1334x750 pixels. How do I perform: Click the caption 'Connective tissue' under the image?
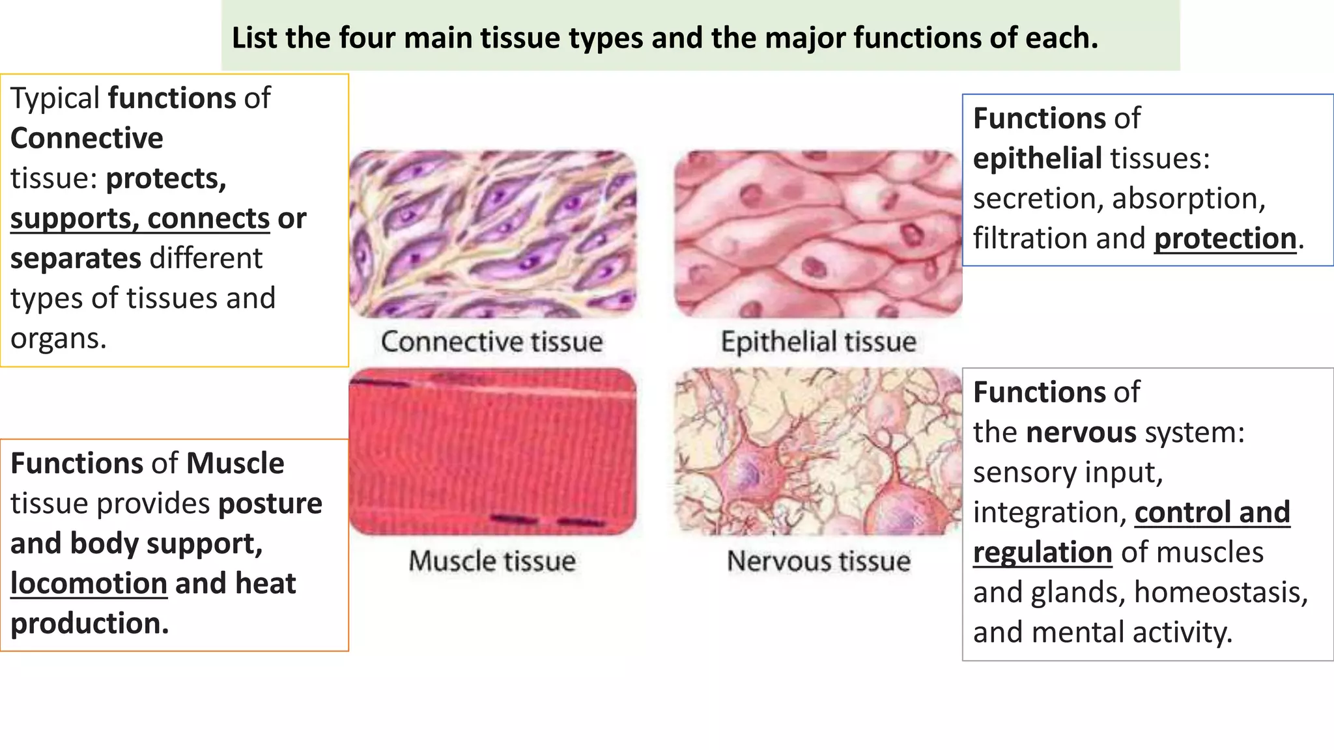pyautogui.click(x=492, y=342)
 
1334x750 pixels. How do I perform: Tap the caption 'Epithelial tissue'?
pyautogui.click(x=818, y=342)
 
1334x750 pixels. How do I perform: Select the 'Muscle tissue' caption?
pyautogui.click(x=492, y=561)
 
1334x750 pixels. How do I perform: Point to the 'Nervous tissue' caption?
pyautogui.click(x=818, y=561)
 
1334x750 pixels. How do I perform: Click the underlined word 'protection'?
pyautogui.click(x=1225, y=238)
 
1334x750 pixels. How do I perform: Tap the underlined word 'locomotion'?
pyautogui.click(x=89, y=583)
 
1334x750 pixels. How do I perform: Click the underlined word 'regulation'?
pyautogui.click(x=1042, y=552)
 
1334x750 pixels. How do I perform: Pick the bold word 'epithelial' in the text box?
pyautogui.click(x=1037, y=158)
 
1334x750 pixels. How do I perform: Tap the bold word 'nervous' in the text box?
pyautogui.click(x=1081, y=432)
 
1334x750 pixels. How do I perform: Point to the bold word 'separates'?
pyautogui.click(x=76, y=258)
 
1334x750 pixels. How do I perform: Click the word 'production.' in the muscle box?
pyautogui.click(x=90, y=624)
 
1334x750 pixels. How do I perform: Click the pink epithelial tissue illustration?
pyautogui.click(x=818, y=234)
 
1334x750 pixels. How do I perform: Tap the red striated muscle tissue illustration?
pyautogui.click(x=492, y=452)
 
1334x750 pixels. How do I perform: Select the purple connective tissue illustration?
pyautogui.click(x=492, y=234)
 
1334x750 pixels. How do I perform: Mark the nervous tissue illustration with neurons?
pyautogui.click(x=818, y=452)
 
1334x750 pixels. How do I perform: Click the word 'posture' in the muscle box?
pyautogui.click(x=270, y=503)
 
